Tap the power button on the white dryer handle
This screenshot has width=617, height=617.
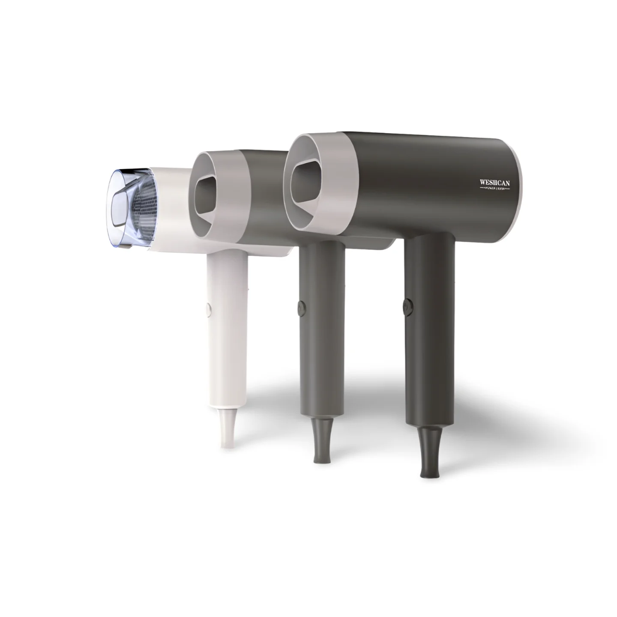[x=208, y=307]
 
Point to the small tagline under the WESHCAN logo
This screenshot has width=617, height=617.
[x=494, y=189]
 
